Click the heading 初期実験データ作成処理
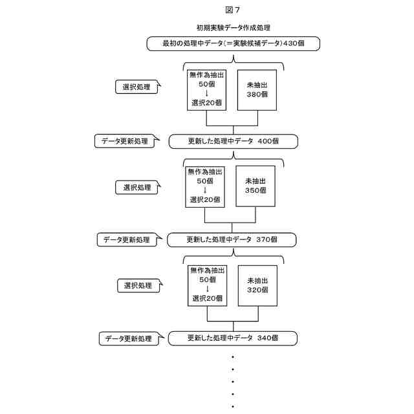(233, 28)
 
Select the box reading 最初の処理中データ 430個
(233, 43)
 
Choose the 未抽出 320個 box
(257, 285)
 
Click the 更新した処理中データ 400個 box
(233, 141)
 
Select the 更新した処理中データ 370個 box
(232, 240)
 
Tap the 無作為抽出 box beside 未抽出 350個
(204, 186)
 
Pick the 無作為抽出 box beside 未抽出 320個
(206, 285)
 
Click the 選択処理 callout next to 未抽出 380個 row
(136, 87)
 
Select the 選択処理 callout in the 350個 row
(137, 187)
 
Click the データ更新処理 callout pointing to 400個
(125, 142)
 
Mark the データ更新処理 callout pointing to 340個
(128, 338)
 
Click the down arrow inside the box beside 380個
(206, 93)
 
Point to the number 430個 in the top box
(292, 43)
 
